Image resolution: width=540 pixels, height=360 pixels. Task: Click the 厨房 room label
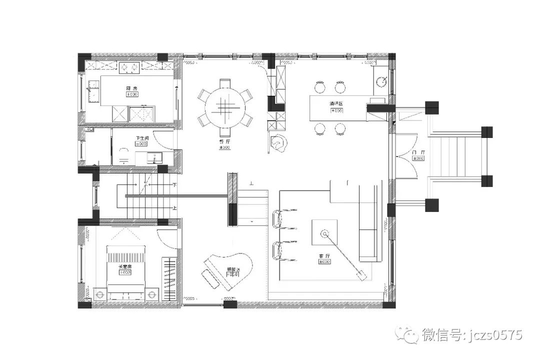[131, 88]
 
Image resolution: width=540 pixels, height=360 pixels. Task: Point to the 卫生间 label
[141, 137]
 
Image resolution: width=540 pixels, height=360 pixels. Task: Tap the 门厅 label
[418, 152]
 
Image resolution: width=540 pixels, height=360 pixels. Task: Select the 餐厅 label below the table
[224, 141]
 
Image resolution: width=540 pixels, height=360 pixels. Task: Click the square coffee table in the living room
[324, 233]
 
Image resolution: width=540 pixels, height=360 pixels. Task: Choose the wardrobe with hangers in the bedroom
[170, 278]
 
